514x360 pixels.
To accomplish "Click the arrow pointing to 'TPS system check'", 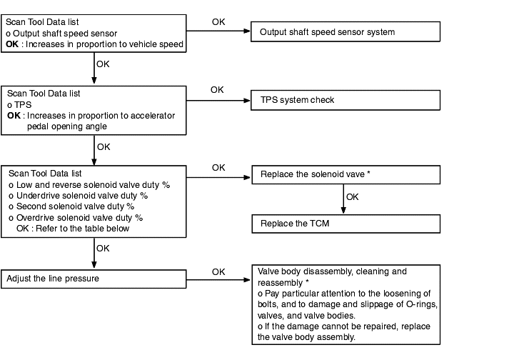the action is pyautogui.click(x=218, y=100).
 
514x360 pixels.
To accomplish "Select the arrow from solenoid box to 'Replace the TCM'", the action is pyautogui.click(x=343, y=199).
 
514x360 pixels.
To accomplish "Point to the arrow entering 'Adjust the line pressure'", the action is pyautogui.click(x=94, y=253).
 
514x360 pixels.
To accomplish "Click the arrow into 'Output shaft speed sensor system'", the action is pyautogui.click(x=218, y=31).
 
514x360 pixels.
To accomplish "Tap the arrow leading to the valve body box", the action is pyautogui.click(x=218, y=280).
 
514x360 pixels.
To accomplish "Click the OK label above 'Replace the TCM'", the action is pyautogui.click(x=353, y=197).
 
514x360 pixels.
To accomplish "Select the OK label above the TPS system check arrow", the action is pyautogui.click(x=217, y=90).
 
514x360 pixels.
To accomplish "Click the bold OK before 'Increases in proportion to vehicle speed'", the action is pyautogui.click(x=12, y=44).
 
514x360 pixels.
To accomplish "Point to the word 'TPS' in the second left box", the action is pyautogui.click(x=23, y=105).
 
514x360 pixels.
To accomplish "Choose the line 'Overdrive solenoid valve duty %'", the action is pyautogui.click(x=76, y=218).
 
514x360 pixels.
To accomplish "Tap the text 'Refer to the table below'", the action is pyautogui.click(x=83, y=229).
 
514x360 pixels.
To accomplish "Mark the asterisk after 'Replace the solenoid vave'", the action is pyautogui.click(x=368, y=173).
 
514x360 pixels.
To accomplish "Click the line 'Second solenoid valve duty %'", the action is pyautogui.click(x=71, y=206).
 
